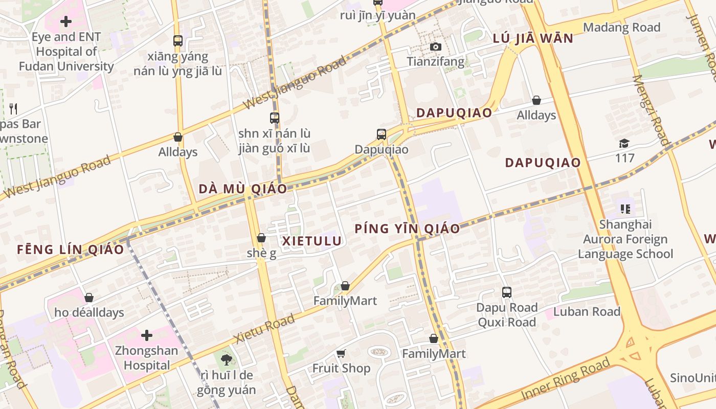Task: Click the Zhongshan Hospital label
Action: click(x=146, y=358)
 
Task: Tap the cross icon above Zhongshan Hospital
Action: click(x=147, y=335)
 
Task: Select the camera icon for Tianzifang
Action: click(x=435, y=47)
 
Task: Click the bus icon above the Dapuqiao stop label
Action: click(x=382, y=134)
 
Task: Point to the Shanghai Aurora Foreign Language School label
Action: click(x=625, y=239)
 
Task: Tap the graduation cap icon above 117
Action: click(x=624, y=143)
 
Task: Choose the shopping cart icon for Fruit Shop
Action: click(x=341, y=354)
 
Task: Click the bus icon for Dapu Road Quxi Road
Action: click(x=506, y=292)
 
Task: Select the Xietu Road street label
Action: click(x=264, y=329)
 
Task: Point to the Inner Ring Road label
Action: click(x=566, y=379)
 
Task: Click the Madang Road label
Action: click(x=621, y=28)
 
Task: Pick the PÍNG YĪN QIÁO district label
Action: click(x=407, y=229)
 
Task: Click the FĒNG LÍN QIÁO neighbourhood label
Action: click(x=71, y=249)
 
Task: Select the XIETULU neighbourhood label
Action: click(x=312, y=241)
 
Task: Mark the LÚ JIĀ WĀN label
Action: click(x=533, y=38)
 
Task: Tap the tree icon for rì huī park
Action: click(x=227, y=360)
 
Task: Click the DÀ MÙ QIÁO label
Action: click(x=243, y=189)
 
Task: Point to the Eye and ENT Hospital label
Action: click(x=66, y=52)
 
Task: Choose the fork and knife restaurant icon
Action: click(x=13, y=108)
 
